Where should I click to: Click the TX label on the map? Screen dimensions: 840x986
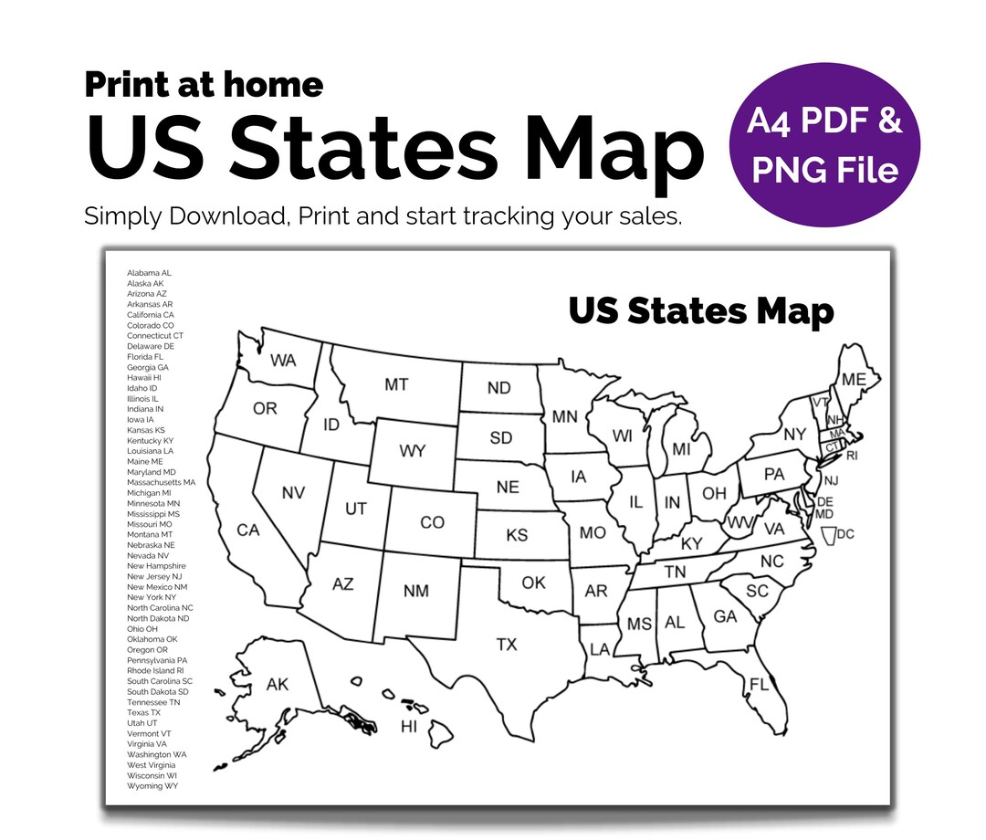pyautogui.click(x=507, y=645)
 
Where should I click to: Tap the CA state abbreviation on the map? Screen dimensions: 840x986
pyautogui.click(x=248, y=530)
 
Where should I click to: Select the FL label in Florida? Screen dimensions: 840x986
pyautogui.click(x=760, y=684)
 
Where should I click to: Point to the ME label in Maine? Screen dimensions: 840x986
pyautogui.click(x=855, y=380)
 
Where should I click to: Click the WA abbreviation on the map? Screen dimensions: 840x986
pyautogui.click(x=283, y=361)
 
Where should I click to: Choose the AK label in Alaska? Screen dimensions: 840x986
pyautogui.click(x=277, y=685)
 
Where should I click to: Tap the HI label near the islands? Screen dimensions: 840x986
pyautogui.click(x=409, y=727)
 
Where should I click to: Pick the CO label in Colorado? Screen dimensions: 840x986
pyautogui.click(x=432, y=522)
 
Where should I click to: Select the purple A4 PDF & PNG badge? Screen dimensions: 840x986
pyautogui.click(x=824, y=146)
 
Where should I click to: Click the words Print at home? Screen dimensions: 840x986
pyautogui.click(x=204, y=85)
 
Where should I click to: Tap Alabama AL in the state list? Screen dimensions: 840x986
pyautogui.click(x=149, y=273)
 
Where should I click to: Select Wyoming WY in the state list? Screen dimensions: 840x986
pyautogui.click(x=152, y=785)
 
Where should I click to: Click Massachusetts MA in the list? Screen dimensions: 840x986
pyautogui.click(x=161, y=482)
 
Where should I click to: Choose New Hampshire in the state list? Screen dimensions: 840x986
pyautogui.click(x=156, y=566)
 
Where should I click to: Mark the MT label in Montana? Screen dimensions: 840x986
pyautogui.click(x=396, y=384)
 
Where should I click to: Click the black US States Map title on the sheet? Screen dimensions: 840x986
pyautogui.click(x=700, y=310)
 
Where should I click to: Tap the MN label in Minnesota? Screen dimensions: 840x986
pyautogui.click(x=564, y=416)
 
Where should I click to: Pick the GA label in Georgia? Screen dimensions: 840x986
pyautogui.click(x=725, y=617)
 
